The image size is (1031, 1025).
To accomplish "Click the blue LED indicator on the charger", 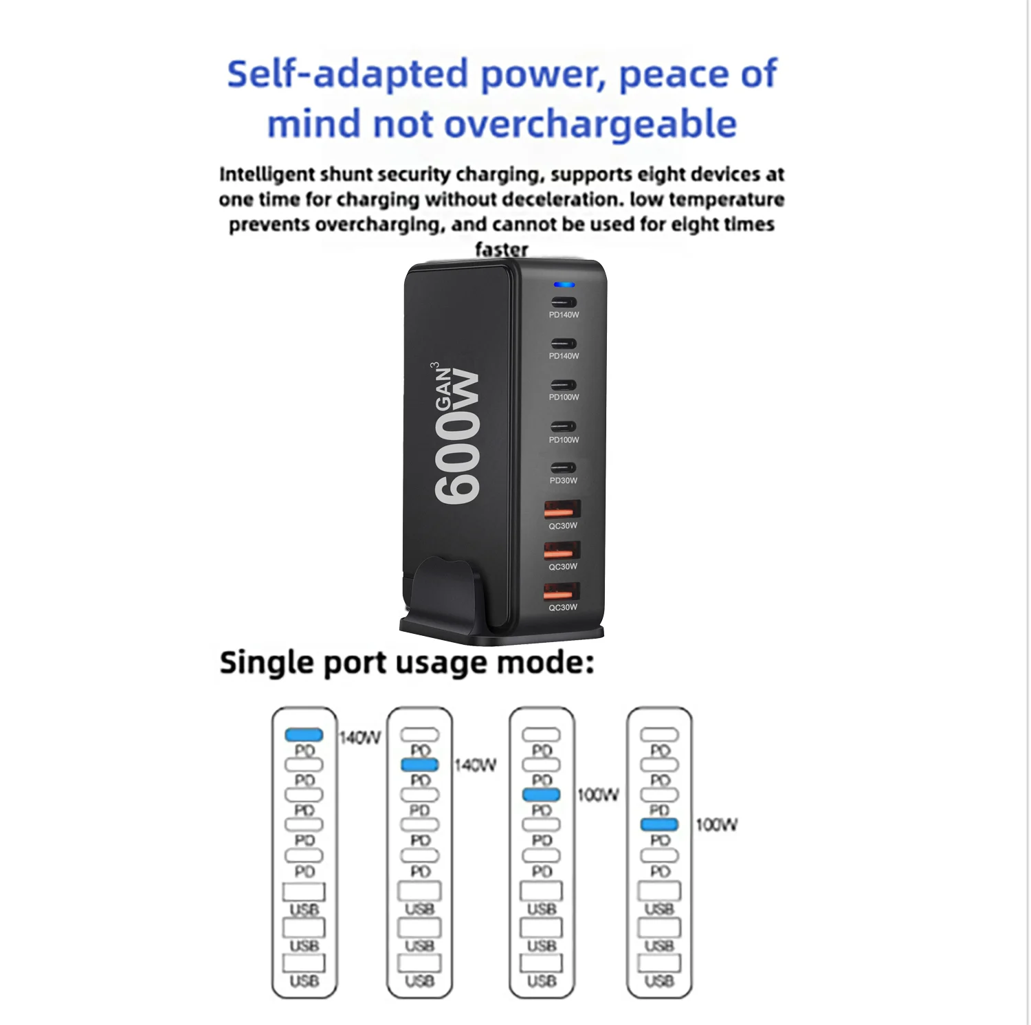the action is tap(564, 285).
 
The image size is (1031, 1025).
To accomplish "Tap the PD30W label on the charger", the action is tap(564, 481).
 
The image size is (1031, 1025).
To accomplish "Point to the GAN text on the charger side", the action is tap(444, 388).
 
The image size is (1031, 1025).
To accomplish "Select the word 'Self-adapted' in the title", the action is tap(347, 74).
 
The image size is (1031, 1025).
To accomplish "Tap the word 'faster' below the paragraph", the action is tap(502, 249).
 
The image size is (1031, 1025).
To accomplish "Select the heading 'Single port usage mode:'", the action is tap(407, 663).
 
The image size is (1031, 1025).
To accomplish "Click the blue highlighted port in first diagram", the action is tap(304, 735).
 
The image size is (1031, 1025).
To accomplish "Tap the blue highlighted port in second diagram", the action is tap(419, 764).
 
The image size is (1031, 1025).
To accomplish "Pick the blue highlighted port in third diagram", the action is tap(541, 795).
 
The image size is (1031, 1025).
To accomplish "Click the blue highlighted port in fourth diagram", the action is tap(659, 824).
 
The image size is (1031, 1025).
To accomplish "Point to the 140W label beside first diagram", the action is tap(359, 738).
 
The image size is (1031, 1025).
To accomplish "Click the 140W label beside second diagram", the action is tap(475, 765).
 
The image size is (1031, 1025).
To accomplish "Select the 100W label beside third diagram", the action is tap(598, 795).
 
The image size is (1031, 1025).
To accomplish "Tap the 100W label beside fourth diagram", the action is tap(716, 825).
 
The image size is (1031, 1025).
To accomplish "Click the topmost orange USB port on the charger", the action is tap(562, 510).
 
